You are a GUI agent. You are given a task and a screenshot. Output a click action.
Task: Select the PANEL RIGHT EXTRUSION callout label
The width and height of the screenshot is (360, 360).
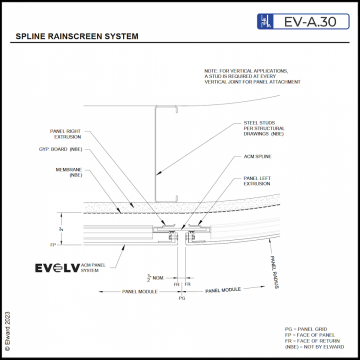point(67,133)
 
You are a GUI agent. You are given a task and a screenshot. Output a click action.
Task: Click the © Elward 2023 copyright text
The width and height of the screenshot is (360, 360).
point(7,329)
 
